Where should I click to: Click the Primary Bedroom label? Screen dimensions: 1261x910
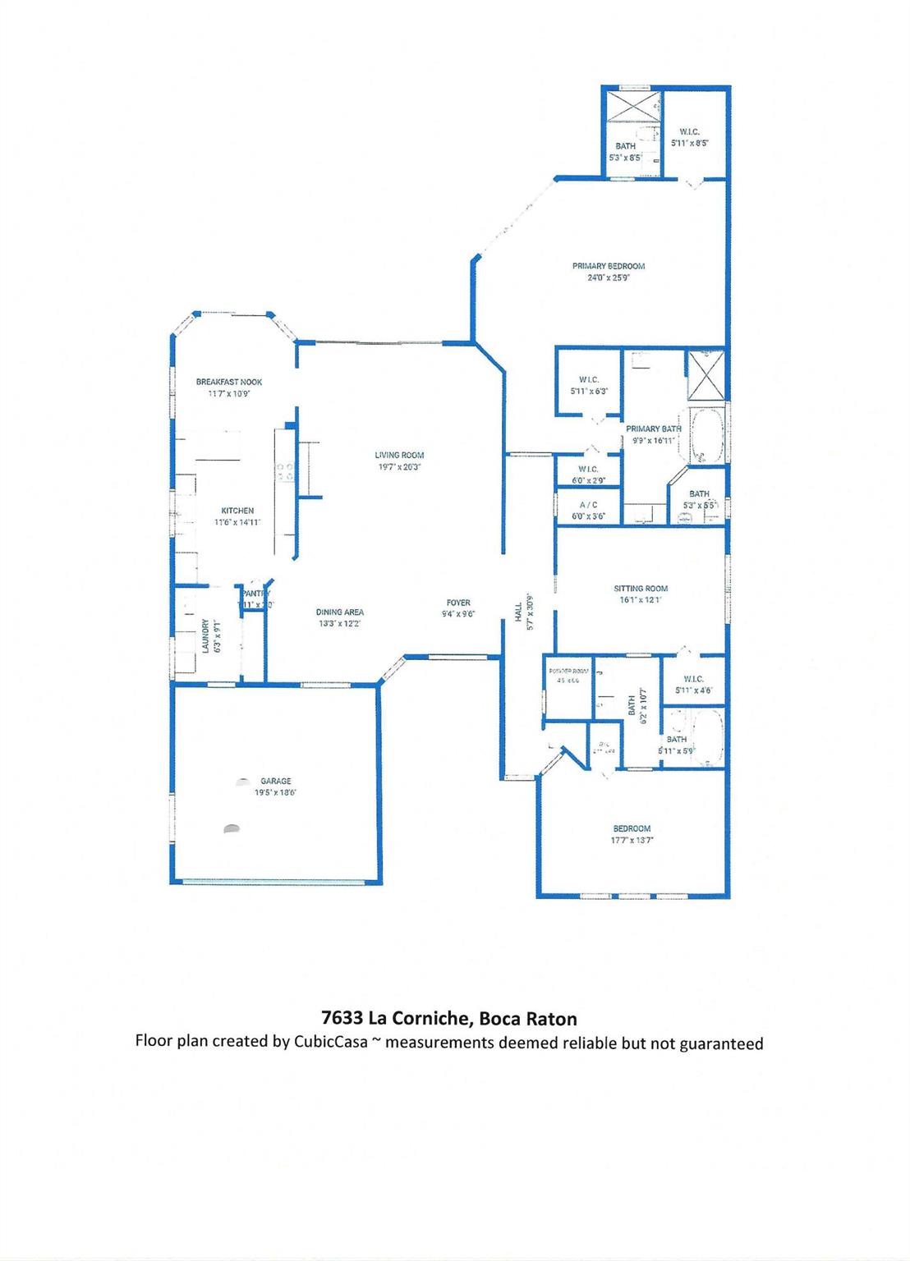tap(608, 266)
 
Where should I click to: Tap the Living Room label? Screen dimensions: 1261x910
tap(399, 455)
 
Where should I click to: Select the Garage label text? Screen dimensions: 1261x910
tap(276, 782)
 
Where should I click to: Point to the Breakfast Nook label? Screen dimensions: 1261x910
tap(228, 382)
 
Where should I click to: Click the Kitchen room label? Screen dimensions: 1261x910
tap(237, 511)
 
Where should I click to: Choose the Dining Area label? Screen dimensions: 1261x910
tap(339, 612)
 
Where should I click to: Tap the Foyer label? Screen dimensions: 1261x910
tap(458, 603)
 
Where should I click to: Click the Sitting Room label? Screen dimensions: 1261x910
tap(641, 589)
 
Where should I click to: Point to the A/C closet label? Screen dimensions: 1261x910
tap(588, 505)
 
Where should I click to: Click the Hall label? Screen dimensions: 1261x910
tap(518, 611)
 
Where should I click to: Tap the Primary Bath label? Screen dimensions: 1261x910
tap(654, 429)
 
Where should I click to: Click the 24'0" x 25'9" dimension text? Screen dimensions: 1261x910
tap(608, 277)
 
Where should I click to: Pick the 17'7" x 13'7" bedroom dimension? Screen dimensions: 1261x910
tap(632, 840)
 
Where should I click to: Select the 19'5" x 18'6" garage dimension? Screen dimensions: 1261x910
tap(276, 793)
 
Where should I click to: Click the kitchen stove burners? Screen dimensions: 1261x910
tap(285, 471)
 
